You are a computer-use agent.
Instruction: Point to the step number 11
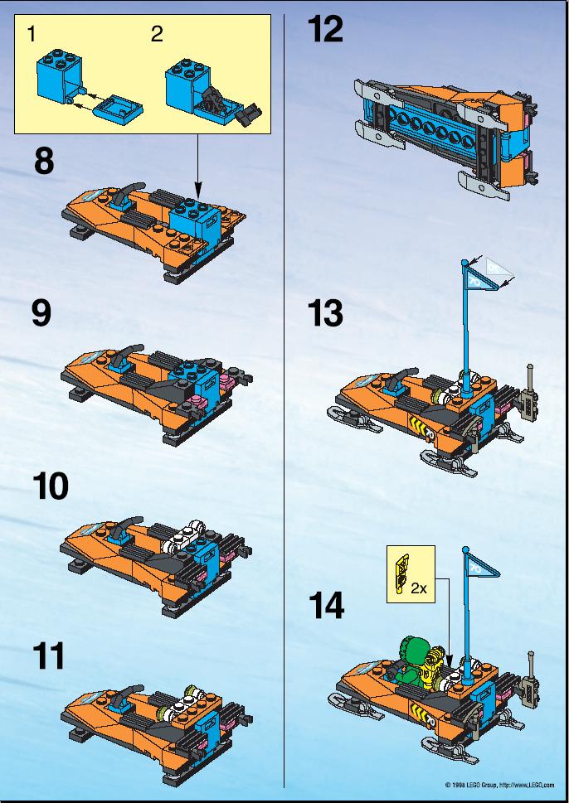click(49, 655)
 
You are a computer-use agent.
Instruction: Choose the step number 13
click(325, 313)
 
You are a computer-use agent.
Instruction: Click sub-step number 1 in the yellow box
click(32, 34)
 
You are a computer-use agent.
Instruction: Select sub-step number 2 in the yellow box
click(157, 34)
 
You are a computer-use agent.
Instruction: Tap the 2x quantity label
click(419, 588)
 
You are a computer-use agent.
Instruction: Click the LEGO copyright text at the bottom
click(499, 785)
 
